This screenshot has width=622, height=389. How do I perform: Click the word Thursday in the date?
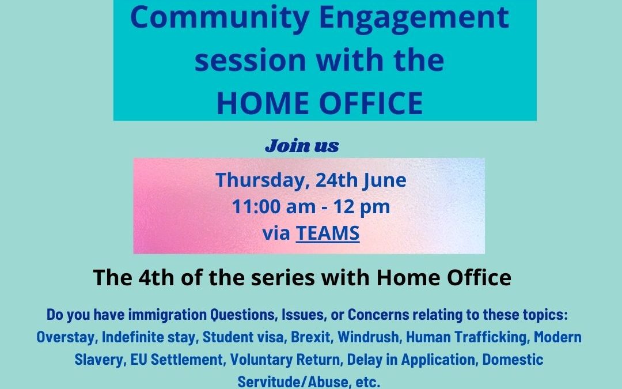(x=263, y=181)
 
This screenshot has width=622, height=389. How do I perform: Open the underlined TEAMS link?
(x=328, y=233)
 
